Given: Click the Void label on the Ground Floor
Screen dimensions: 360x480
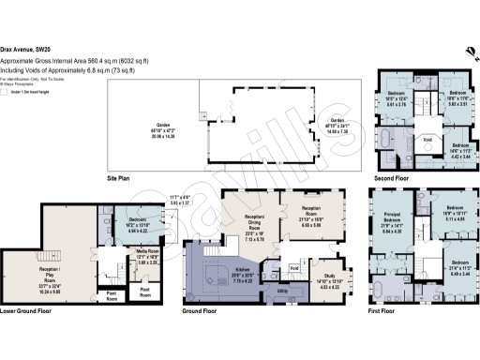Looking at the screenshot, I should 293,268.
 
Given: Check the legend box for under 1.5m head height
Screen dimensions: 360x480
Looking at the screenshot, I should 5,92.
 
